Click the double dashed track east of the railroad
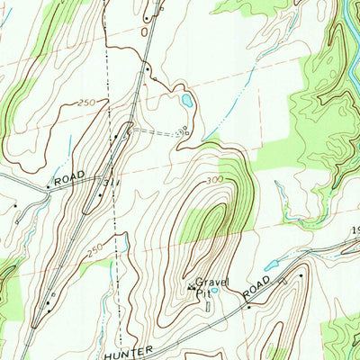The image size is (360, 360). tap(157, 130)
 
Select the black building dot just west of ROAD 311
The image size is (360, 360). tap(48, 188)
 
